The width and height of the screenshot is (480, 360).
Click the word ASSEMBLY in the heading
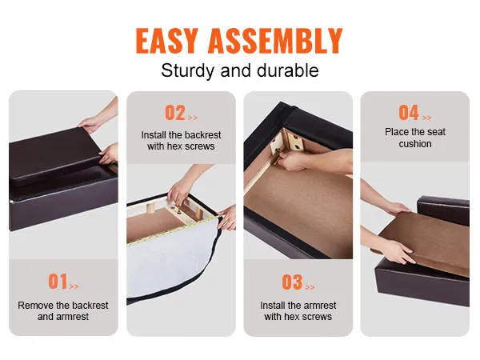pyautogui.click(x=275, y=41)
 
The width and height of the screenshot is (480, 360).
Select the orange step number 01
pyautogui.click(x=58, y=282)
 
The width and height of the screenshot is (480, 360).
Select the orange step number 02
pyautogui.click(x=175, y=113)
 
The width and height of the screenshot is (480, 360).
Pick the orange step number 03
pyautogui.click(x=292, y=282)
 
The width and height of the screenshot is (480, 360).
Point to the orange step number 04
pyautogui.click(x=409, y=113)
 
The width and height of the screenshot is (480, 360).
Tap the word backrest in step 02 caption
pyautogui.click(x=202, y=135)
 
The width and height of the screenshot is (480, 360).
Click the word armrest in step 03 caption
pyautogui.click(x=319, y=306)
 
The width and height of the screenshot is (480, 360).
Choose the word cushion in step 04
pyautogui.click(x=415, y=143)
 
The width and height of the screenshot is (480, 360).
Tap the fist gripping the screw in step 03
pyautogui.click(x=291, y=161)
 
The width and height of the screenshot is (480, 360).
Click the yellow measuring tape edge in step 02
pyautogui.click(x=174, y=230)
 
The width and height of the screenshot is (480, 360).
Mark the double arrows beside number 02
pyautogui.click(x=193, y=118)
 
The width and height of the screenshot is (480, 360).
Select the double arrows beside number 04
pyautogui.click(x=426, y=118)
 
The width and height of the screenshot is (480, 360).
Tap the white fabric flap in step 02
pyautogui.click(x=171, y=263)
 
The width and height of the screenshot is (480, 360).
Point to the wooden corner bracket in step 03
pyautogui.click(x=288, y=142)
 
